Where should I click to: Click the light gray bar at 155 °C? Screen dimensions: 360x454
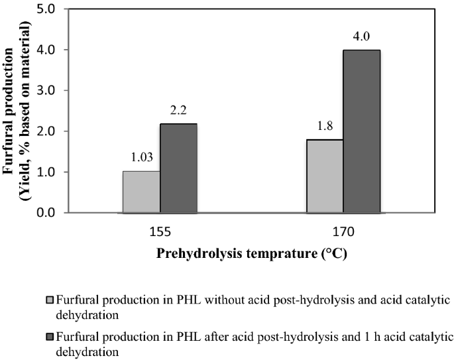[x=141, y=192]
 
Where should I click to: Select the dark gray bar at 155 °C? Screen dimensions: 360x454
[x=178, y=168]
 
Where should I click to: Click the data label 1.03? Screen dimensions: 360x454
[x=141, y=160]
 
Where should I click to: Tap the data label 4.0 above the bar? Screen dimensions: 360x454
[x=362, y=38]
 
